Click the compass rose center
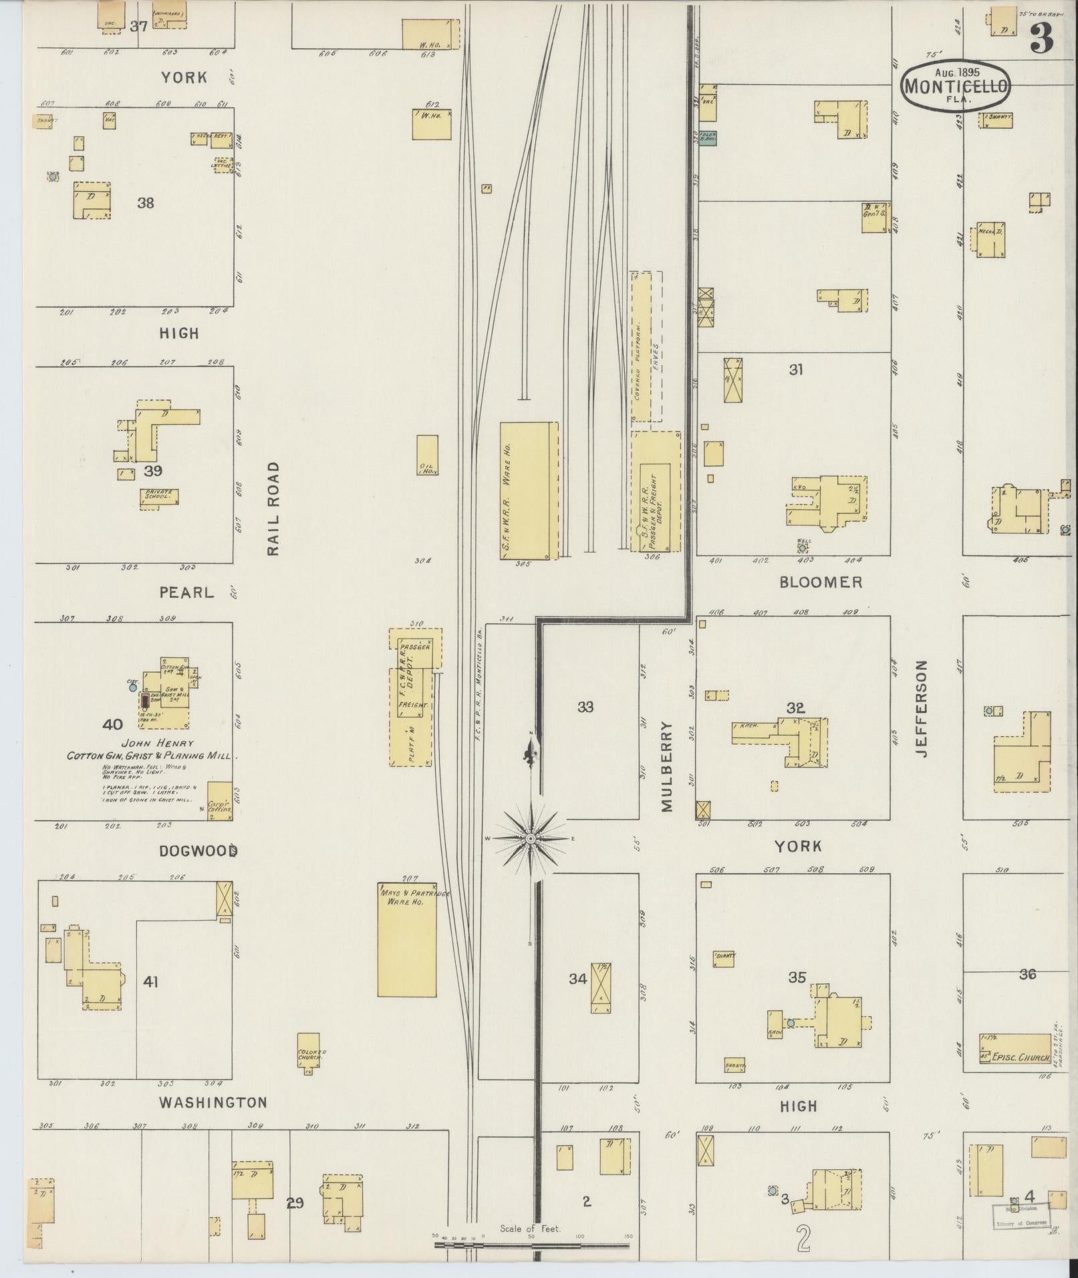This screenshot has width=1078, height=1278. (x=531, y=838)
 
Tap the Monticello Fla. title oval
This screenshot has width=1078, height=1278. (x=955, y=86)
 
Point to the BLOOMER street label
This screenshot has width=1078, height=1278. (x=821, y=582)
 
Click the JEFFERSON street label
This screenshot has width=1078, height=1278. (x=923, y=708)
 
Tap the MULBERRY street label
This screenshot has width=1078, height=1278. (x=667, y=766)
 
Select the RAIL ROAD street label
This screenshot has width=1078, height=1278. (x=273, y=509)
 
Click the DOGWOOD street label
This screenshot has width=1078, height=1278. (x=198, y=851)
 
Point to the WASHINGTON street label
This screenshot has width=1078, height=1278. (x=213, y=1102)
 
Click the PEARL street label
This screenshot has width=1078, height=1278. (x=186, y=592)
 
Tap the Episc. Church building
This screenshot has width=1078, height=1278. (x=1015, y=1058)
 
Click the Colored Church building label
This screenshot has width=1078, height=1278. (x=311, y=1056)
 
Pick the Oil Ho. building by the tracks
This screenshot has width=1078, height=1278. (x=427, y=455)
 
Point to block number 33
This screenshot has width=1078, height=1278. (x=585, y=707)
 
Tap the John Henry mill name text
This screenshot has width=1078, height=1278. (x=157, y=743)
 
